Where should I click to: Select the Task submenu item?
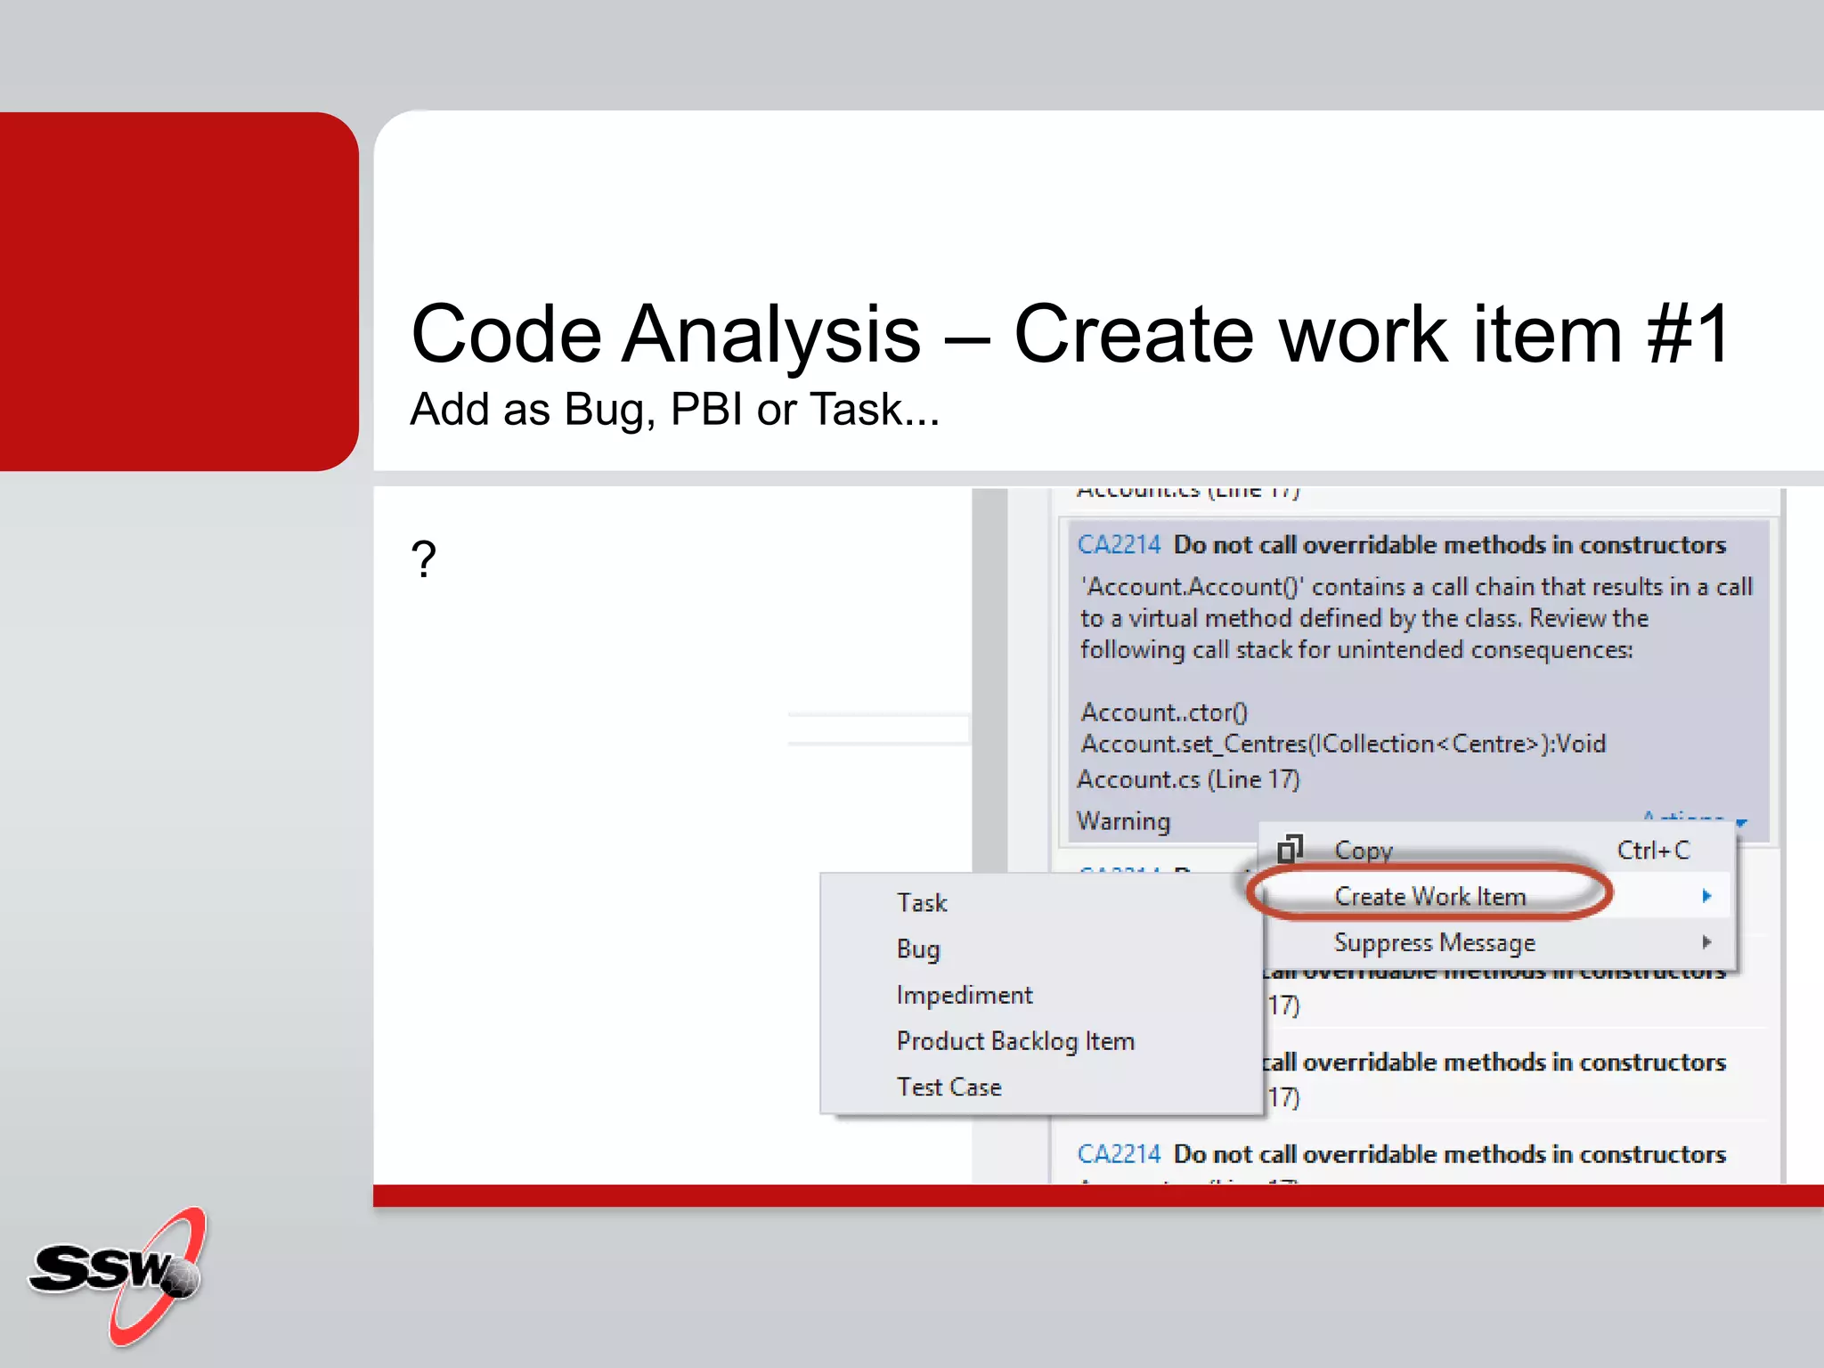[921, 903]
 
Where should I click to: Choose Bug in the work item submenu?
[917, 949]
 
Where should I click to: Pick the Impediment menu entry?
[964, 995]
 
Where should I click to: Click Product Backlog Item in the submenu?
[1014, 1041]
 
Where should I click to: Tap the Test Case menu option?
[949, 1087]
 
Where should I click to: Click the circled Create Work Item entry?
[1429, 896]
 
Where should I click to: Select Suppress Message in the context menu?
[1434, 942]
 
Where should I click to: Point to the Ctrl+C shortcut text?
[1653, 851]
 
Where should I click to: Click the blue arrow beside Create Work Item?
[1706, 896]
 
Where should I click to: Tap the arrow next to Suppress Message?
[1706, 942]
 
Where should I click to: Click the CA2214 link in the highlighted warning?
[1119, 545]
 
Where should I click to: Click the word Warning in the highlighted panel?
[1123, 821]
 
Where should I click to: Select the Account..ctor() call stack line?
[1164, 712]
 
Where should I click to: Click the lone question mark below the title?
[424, 560]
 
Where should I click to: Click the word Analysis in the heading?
[770, 335]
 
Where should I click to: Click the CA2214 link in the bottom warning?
[1119, 1154]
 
